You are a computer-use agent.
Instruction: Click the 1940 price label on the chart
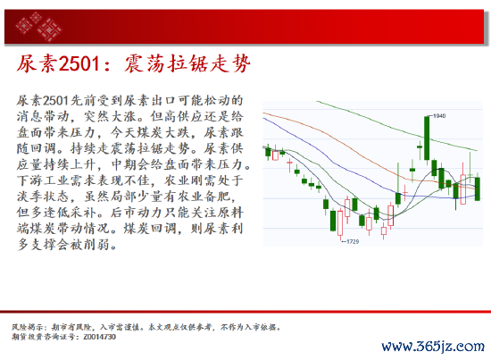click(x=439, y=116)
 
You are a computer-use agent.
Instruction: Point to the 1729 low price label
click(x=353, y=241)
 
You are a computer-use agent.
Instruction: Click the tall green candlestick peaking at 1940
click(x=427, y=138)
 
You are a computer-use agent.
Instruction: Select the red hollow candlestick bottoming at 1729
click(x=340, y=223)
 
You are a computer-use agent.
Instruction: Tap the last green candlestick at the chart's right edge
click(x=478, y=188)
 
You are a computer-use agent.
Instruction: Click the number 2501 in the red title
click(x=79, y=63)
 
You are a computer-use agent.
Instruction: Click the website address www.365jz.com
click(x=433, y=347)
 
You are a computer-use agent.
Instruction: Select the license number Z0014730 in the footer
click(x=100, y=337)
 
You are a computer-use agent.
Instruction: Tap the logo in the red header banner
click(x=38, y=26)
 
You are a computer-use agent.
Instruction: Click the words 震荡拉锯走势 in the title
click(x=187, y=63)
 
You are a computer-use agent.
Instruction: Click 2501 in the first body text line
click(x=55, y=101)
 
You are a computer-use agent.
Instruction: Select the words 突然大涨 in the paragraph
click(x=110, y=116)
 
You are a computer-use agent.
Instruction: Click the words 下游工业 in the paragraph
click(x=44, y=180)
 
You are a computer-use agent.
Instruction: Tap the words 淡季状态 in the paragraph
click(x=44, y=197)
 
